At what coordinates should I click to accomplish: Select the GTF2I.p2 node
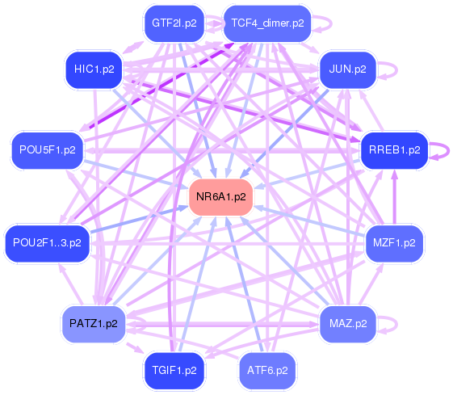(173, 23)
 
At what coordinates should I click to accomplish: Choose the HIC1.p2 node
(94, 69)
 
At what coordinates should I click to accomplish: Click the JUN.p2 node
(348, 69)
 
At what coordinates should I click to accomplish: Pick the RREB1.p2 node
(394, 149)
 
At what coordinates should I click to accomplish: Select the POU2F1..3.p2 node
(47, 242)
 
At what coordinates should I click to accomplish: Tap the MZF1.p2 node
(394, 242)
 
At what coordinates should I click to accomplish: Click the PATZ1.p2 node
(94, 324)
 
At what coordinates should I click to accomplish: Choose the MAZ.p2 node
(348, 324)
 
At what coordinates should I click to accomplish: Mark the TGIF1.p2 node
(173, 371)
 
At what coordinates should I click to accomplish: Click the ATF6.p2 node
(268, 371)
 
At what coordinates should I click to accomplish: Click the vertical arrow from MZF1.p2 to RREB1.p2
(395, 197)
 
